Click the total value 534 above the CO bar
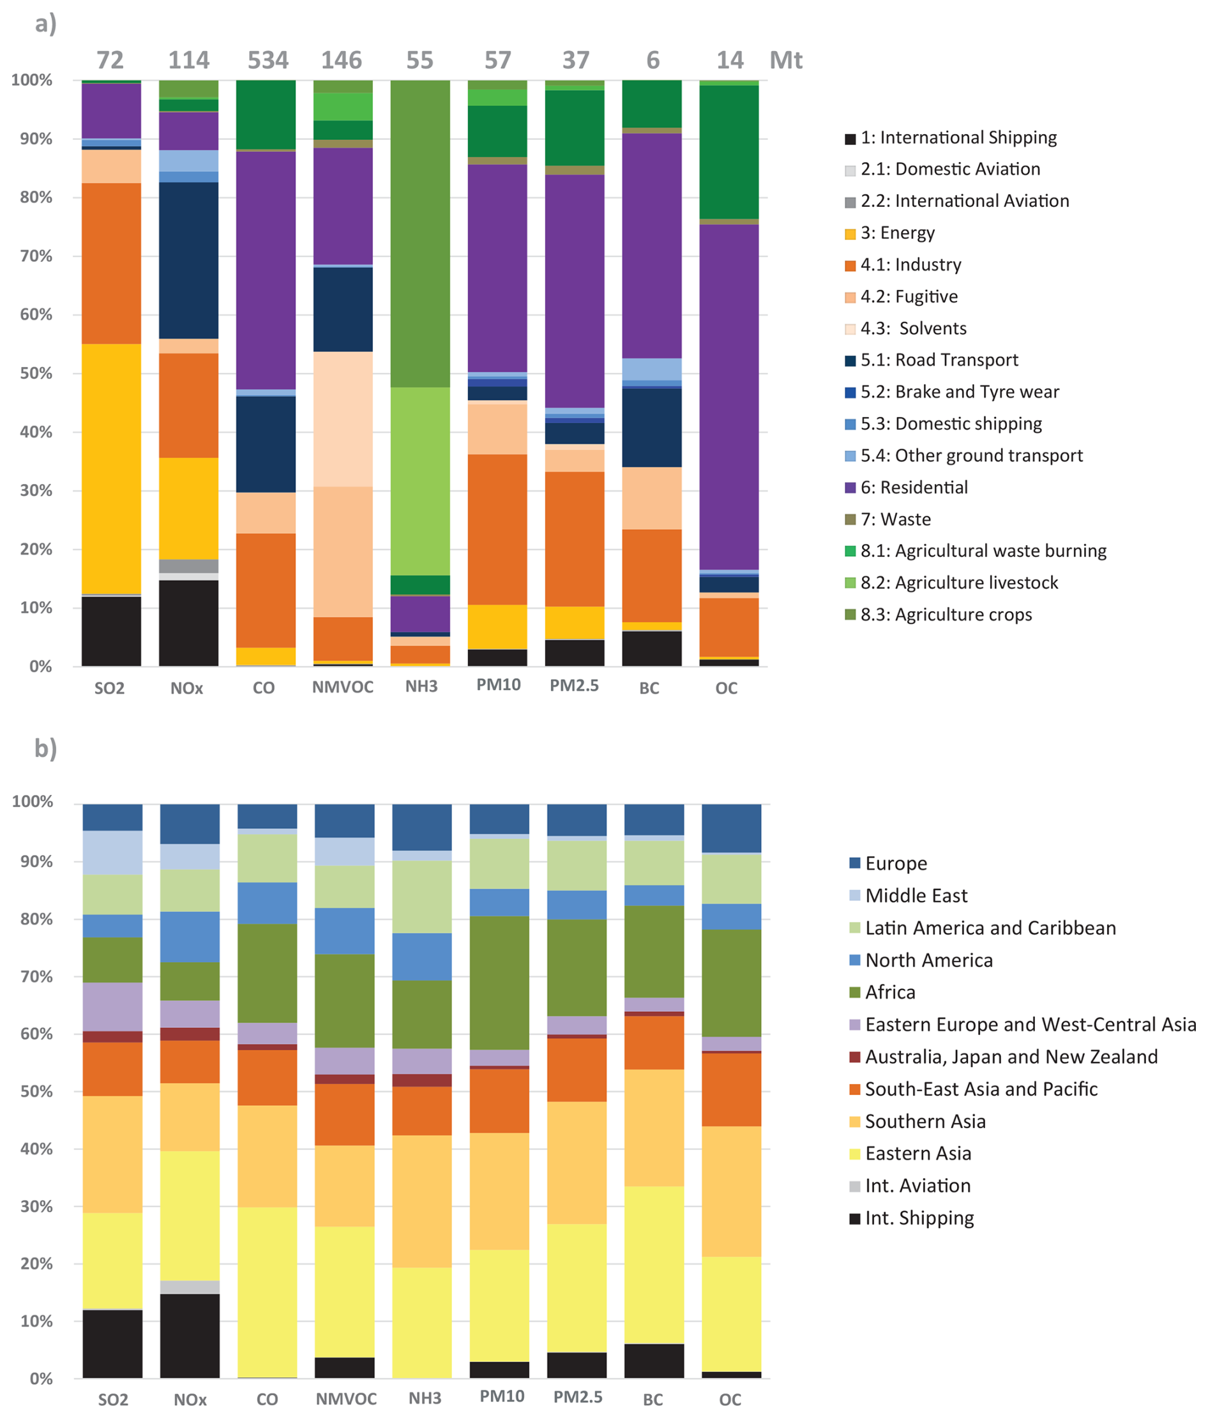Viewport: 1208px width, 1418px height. click(x=268, y=60)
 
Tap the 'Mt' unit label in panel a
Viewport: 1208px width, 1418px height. click(x=785, y=60)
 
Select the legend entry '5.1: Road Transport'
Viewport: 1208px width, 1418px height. click(x=939, y=360)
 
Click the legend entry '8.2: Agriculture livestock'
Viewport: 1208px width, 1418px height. click(x=958, y=582)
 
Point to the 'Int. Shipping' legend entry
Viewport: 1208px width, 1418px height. click(x=919, y=1218)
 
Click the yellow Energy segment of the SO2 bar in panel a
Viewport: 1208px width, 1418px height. click(x=111, y=469)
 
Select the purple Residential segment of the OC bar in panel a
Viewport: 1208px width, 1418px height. click(x=729, y=397)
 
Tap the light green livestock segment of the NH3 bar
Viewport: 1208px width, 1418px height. click(x=420, y=481)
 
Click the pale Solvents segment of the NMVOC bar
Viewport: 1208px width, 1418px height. click(x=343, y=419)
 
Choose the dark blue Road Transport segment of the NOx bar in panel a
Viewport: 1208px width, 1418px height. click(x=189, y=260)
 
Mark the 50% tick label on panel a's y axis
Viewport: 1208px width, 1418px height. click(x=31, y=373)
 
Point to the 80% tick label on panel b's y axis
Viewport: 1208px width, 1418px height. click(x=33, y=919)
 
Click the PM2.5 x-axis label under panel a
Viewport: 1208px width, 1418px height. click(x=573, y=686)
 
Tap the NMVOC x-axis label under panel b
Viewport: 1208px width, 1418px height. click(x=345, y=1399)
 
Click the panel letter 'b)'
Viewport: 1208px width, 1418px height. click(x=45, y=748)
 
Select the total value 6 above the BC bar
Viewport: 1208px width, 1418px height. click(x=653, y=60)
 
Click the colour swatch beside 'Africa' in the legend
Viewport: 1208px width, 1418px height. click(x=855, y=992)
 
